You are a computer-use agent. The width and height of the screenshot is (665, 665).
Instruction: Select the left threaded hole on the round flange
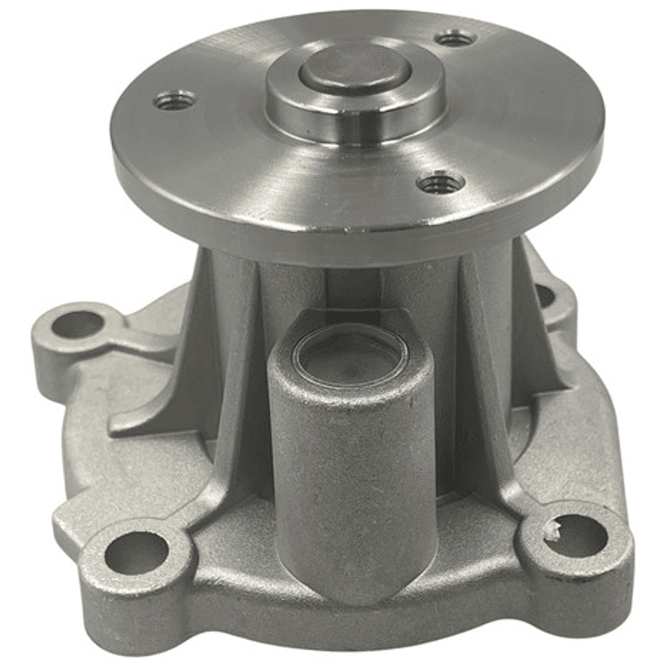174,100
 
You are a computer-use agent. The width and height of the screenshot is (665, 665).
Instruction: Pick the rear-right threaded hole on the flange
455,38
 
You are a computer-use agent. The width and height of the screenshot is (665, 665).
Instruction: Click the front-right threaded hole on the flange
440,182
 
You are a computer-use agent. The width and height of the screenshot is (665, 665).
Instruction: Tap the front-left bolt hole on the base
136,552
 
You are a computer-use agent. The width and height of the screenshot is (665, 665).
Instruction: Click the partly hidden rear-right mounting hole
544,294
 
